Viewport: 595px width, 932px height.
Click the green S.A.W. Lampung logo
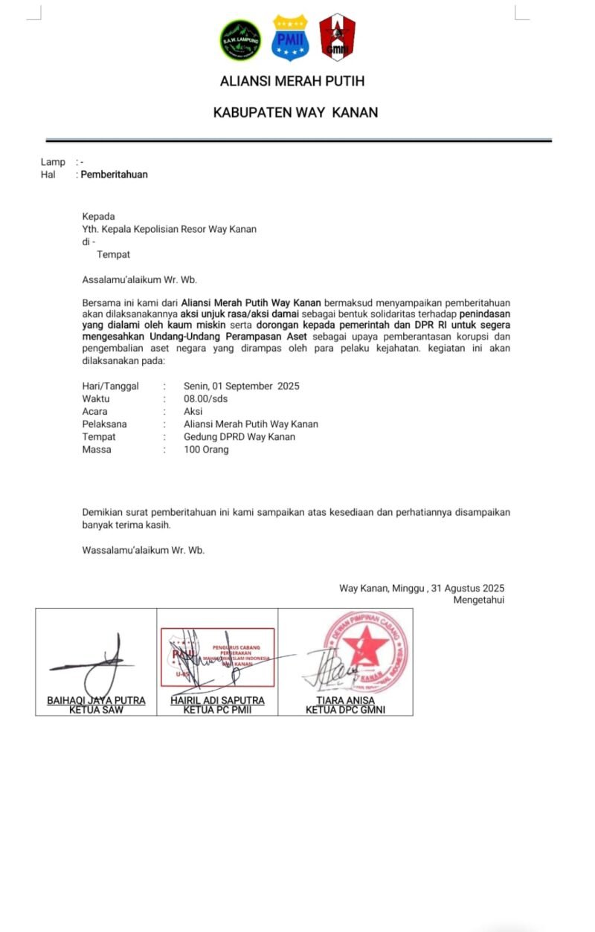point(241,40)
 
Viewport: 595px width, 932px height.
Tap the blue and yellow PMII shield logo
point(290,38)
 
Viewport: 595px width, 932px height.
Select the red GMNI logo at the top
point(337,37)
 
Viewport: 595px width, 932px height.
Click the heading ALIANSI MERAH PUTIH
point(292,81)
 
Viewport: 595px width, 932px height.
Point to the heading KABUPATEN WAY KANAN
point(295,113)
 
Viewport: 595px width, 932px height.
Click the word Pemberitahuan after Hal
point(114,175)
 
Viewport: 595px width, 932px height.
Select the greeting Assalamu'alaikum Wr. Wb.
point(139,280)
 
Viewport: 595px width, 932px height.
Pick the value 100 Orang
point(206,450)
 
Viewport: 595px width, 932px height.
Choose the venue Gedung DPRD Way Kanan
point(239,437)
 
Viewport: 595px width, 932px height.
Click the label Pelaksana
point(105,424)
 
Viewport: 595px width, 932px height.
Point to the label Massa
point(97,450)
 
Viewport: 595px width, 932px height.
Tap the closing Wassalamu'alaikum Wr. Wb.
point(143,550)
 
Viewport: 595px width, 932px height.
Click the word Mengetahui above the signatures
point(478,600)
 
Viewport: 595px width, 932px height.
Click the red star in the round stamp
point(365,645)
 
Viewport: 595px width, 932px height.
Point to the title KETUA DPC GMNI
point(345,710)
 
